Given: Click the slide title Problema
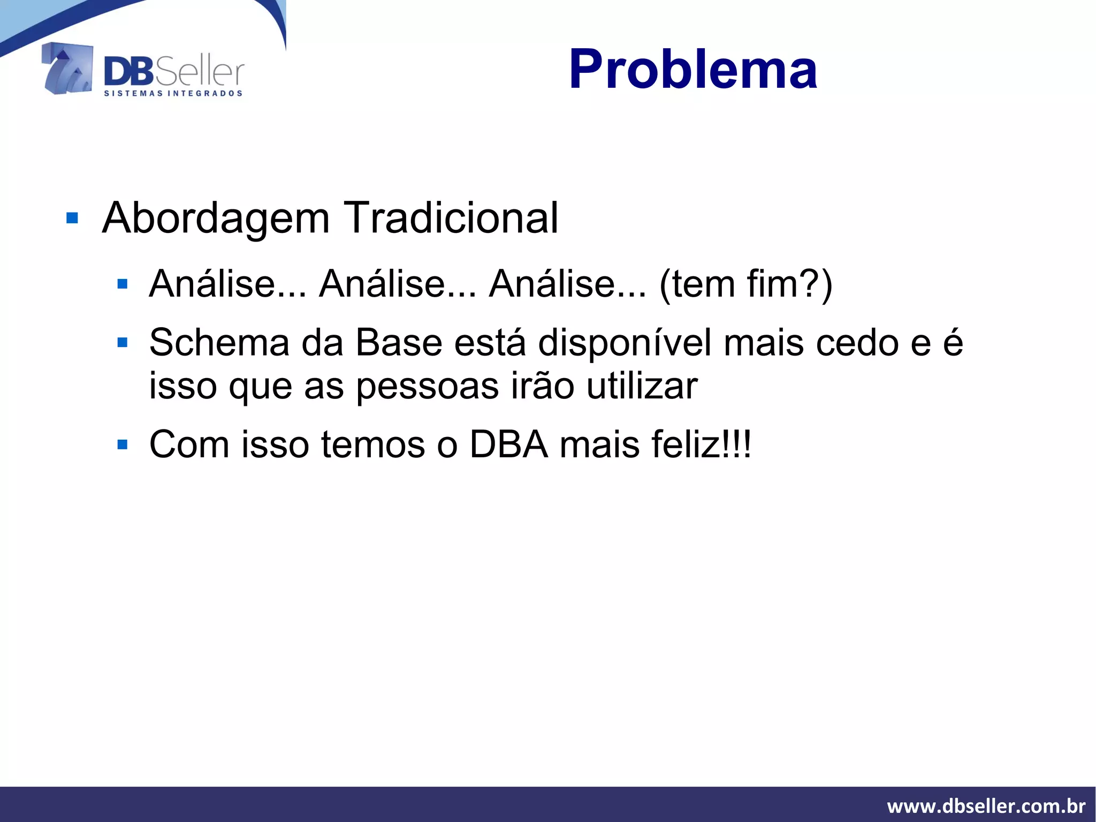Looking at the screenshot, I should (x=692, y=70).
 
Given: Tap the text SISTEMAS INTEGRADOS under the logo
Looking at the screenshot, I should (x=173, y=94).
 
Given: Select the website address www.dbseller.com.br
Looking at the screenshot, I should (x=986, y=806).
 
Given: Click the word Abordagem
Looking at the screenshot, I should (x=216, y=218).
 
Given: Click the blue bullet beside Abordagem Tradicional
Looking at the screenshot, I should (x=72, y=218).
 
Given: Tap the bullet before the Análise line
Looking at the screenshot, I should (x=123, y=284).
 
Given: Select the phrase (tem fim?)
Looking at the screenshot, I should (x=745, y=284).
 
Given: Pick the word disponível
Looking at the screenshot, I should (x=625, y=343).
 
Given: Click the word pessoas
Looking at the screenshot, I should (x=428, y=386).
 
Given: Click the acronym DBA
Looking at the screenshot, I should (x=509, y=444).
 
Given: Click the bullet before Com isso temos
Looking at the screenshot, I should (x=123, y=444).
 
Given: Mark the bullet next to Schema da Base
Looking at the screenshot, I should (x=123, y=342).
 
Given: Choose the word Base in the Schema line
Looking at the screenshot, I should (x=399, y=342).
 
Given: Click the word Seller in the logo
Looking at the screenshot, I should (x=200, y=73).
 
